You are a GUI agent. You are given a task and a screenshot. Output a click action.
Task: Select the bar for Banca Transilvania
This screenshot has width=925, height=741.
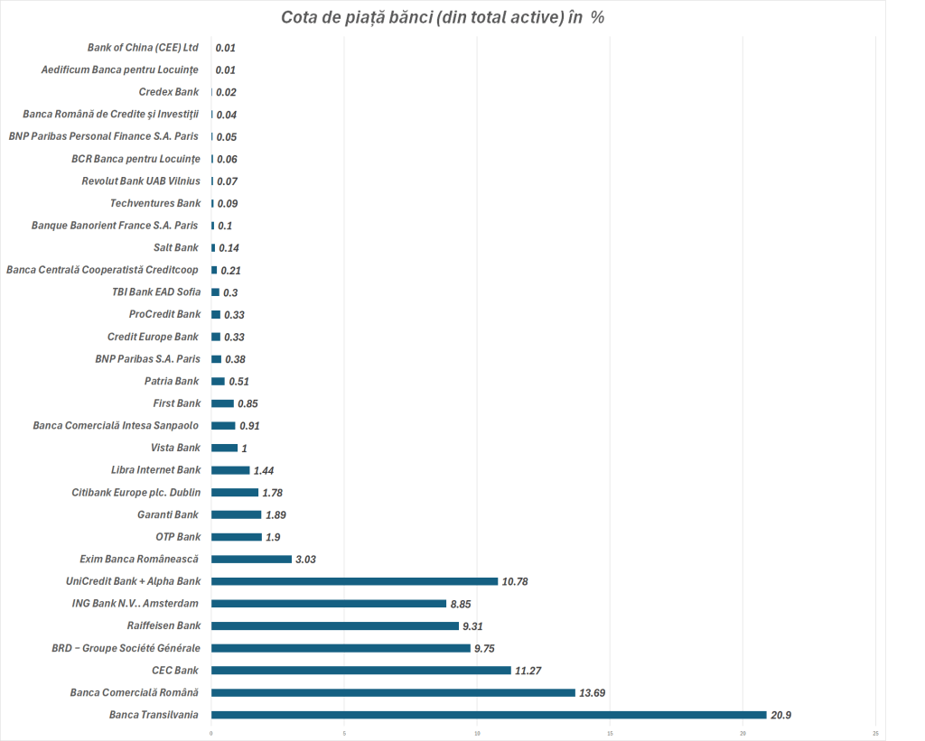pos(489,715)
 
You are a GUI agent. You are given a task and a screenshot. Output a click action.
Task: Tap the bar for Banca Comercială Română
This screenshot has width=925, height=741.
pos(393,692)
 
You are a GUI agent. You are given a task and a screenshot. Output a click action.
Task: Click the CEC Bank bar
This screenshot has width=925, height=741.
pos(361,671)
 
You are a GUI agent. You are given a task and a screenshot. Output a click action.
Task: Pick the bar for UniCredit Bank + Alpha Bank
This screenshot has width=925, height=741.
pos(354,581)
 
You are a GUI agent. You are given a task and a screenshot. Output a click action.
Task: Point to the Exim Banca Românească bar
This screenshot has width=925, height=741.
pos(251,559)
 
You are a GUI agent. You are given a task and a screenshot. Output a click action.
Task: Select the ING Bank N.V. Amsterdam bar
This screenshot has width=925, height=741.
pos(329,603)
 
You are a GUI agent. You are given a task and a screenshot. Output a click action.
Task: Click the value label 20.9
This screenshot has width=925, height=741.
pos(782,715)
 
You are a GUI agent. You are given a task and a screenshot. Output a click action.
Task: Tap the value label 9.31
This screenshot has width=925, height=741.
pos(475,625)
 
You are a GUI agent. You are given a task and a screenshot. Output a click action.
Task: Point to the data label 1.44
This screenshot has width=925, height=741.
pos(264,470)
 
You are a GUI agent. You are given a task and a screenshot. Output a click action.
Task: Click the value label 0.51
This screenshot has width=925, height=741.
pos(238,381)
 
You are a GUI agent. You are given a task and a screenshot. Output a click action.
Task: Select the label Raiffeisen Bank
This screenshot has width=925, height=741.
pos(164,625)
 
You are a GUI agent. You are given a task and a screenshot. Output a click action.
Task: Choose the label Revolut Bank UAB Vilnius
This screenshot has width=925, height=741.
pos(141,181)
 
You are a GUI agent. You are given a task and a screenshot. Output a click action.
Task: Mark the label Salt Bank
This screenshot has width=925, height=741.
pos(176,247)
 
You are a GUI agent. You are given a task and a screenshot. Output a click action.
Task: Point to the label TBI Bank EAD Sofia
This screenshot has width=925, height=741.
pos(150,292)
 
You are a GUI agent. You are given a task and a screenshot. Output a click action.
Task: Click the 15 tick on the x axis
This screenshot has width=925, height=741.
pos(611,733)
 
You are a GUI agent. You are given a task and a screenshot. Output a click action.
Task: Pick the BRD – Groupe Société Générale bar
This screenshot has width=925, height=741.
pos(341,648)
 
